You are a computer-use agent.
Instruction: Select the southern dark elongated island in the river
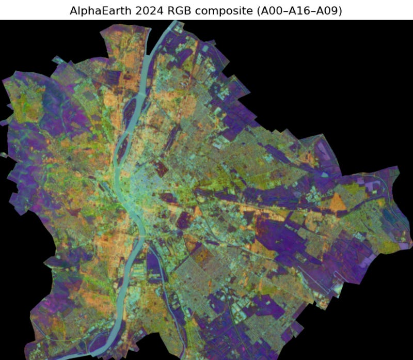pos(122,150)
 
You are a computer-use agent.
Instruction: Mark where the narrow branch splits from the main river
pos(142,245)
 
